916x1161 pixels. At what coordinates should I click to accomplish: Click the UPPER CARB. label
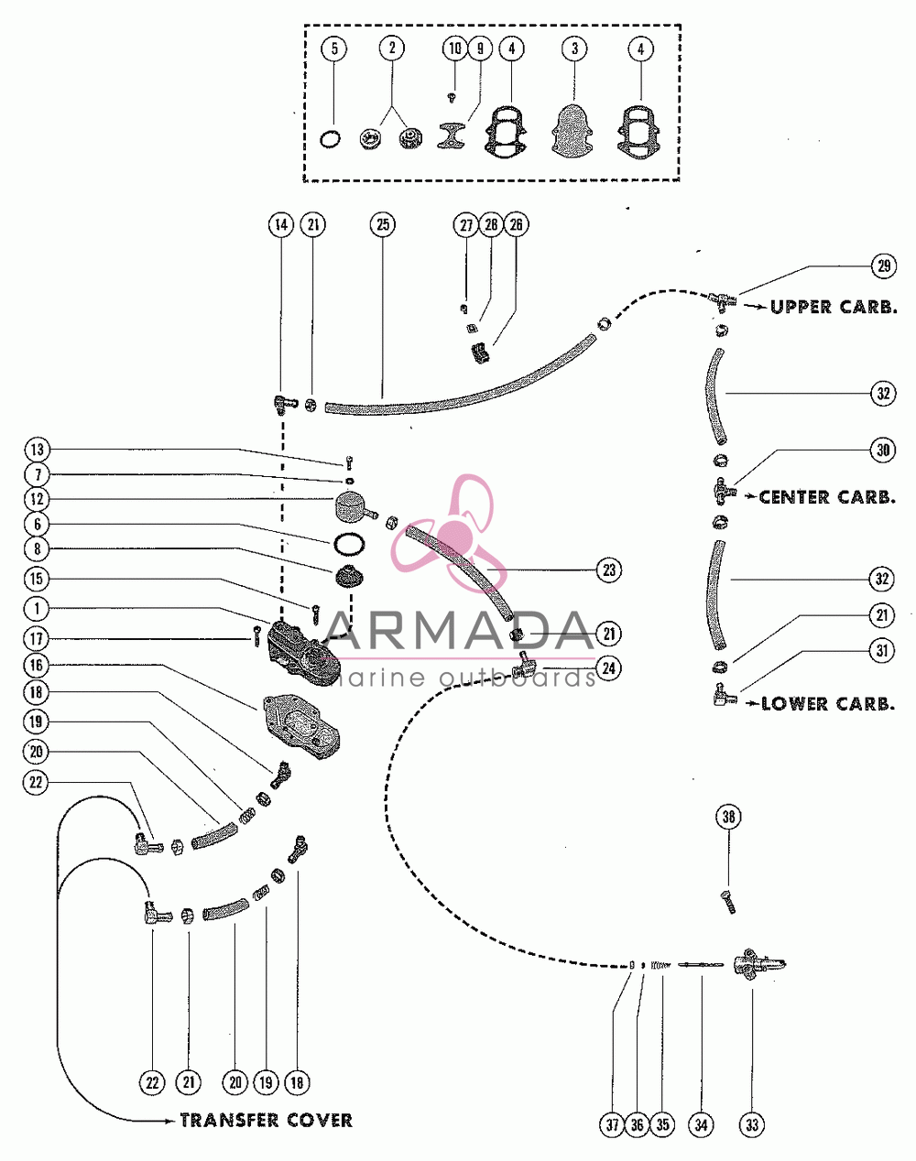click(834, 307)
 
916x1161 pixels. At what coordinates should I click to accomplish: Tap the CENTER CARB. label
click(827, 497)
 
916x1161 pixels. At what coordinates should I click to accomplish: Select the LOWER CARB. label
click(829, 703)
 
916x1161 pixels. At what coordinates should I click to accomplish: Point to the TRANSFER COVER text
click(267, 1121)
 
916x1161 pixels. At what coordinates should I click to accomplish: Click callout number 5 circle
click(334, 49)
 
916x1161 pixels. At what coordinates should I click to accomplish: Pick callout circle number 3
click(574, 49)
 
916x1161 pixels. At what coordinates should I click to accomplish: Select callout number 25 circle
click(383, 224)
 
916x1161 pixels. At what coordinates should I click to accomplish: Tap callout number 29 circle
click(884, 266)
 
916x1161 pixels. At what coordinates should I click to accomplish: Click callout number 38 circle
click(729, 817)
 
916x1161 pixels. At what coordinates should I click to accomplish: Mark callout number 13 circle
click(38, 450)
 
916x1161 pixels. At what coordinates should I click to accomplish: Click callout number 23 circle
click(609, 570)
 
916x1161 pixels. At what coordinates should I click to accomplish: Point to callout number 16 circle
click(36, 666)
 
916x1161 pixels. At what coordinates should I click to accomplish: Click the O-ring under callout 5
click(331, 140)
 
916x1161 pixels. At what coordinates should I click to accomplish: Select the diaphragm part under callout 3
click(573, 131)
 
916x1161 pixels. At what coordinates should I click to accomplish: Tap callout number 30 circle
click(883, 450)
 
